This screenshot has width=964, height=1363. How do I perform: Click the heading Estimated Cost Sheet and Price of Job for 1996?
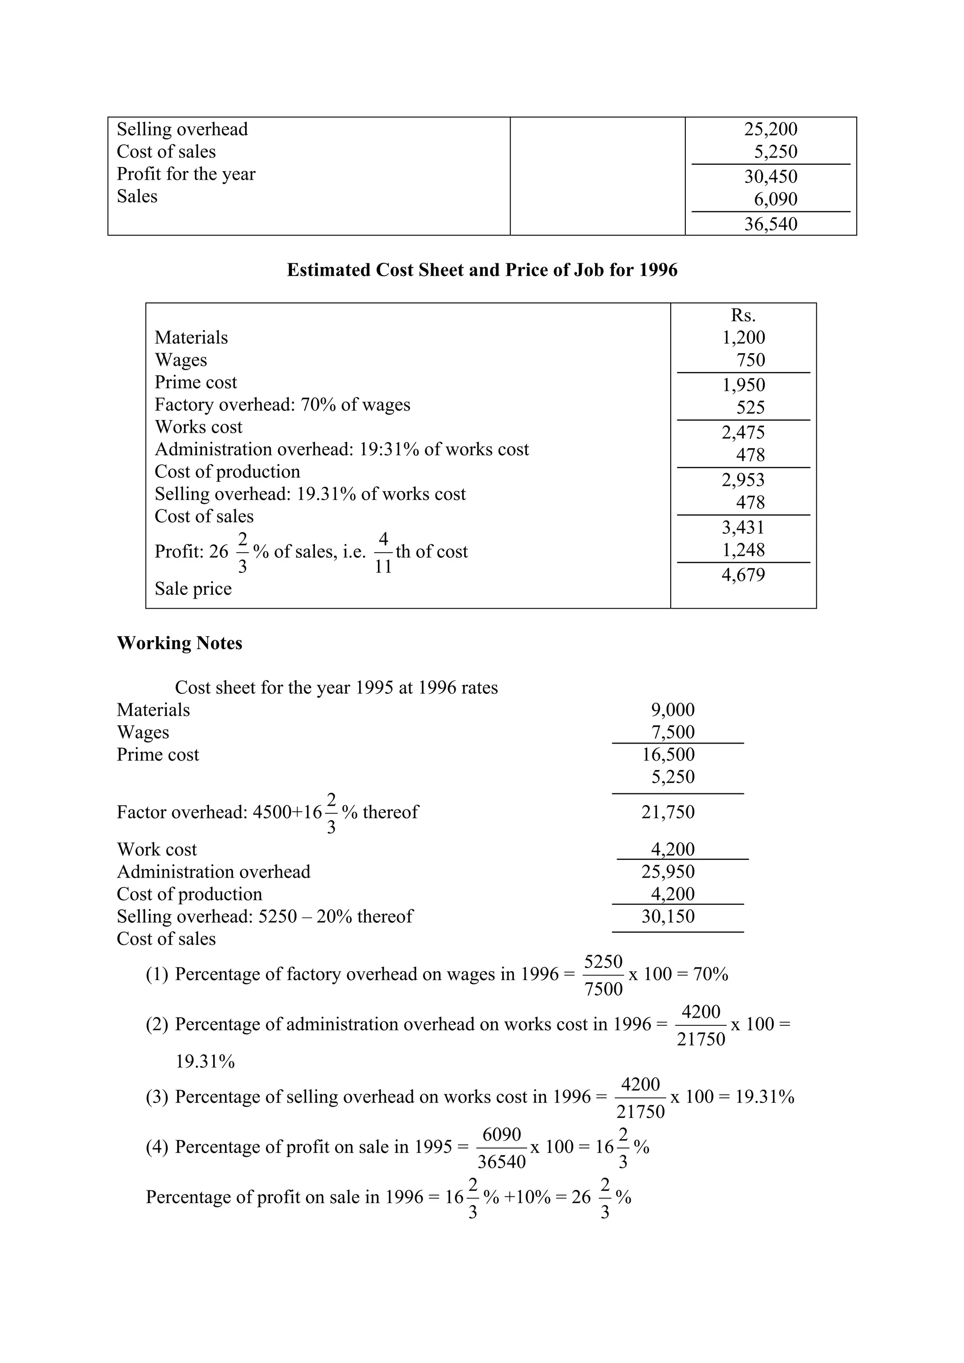pos(482,270)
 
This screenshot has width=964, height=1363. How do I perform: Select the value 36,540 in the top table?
pos(771,224)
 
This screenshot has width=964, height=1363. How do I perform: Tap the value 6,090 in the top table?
pos(775,199)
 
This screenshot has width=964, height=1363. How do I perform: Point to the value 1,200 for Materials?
pos(743,338)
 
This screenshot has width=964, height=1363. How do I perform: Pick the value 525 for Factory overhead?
pos(750,408)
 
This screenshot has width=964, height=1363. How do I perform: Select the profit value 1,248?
pos(743,550)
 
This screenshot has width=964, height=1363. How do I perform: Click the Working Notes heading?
pos(179,643)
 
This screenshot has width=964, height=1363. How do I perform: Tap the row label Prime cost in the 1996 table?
pos(195,382)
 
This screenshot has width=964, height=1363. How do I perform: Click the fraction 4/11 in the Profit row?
pos(383,553)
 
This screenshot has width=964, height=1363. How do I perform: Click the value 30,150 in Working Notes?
pos(667,917)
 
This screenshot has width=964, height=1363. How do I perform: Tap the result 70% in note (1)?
pos(710,974)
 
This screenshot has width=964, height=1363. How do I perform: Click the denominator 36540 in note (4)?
pos(501,1162)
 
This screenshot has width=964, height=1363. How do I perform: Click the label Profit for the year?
pos(186,174)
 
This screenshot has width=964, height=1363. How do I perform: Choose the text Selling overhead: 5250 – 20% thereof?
pos(265,917)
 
